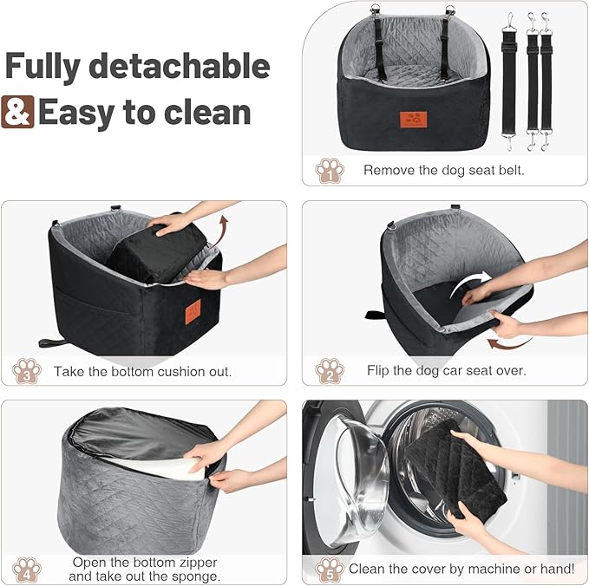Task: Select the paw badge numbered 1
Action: point(329,170)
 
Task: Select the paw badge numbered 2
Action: point(329,370)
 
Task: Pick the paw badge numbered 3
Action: point(27,371)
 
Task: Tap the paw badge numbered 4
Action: point(27,569)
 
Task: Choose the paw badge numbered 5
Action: point(329,570)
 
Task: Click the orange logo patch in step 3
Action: point(193,307)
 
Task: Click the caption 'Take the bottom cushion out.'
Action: point(143,371)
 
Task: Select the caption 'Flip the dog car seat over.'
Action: point(446,371)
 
